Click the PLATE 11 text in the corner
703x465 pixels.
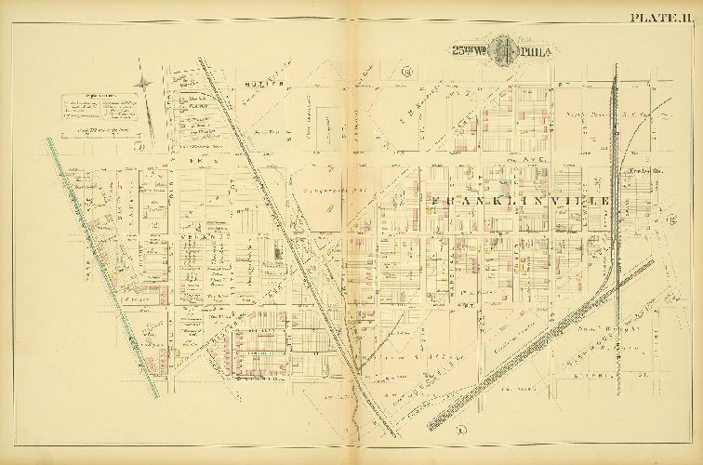661,16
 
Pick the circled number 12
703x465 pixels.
670,219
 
